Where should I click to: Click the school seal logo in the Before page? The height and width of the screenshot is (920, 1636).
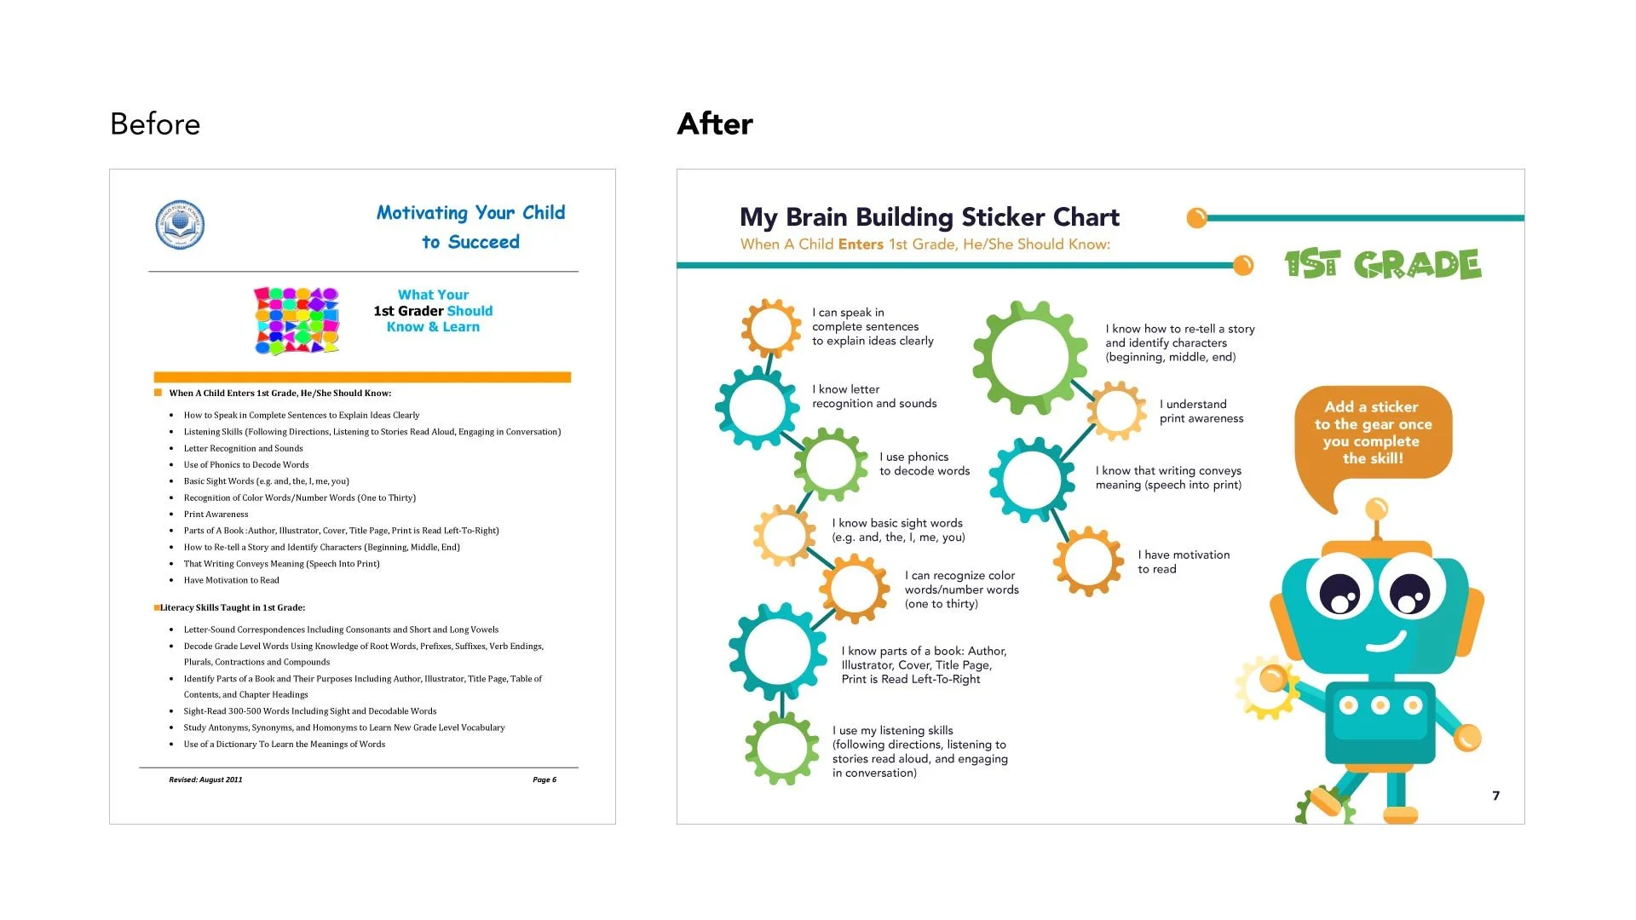point(180,226)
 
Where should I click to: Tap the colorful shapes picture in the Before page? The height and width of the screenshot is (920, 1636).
point(297,321)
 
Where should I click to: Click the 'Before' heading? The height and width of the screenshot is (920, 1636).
point(155,124)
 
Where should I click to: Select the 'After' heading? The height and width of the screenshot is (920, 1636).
point(715,124)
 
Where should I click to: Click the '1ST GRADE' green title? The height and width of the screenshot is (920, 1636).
point(1382,265)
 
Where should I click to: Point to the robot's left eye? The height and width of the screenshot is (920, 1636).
point(1339,592)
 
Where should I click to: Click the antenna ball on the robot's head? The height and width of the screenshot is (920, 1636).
point(1376,509)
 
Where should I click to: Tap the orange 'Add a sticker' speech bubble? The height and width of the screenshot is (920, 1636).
point(1372,433)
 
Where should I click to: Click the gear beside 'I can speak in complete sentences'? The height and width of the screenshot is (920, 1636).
point(771,328)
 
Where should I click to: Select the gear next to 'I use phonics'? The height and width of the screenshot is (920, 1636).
point(830,464)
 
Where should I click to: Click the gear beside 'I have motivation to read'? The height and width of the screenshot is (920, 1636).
point(1088,561)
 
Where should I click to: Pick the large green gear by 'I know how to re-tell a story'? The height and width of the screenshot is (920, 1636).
point(1029,356)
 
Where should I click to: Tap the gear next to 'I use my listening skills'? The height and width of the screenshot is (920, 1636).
point(781,748)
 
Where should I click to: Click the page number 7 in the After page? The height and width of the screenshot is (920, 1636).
point(1495,796)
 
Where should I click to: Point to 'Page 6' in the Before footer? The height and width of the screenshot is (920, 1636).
point(544,779)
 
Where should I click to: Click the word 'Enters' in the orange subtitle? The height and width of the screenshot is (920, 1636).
point(861,244)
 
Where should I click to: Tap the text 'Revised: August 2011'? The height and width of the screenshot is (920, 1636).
point(205,779)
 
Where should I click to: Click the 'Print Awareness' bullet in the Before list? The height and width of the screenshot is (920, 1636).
point(216,515)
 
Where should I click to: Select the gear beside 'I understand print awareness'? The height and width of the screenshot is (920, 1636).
point(1116,411)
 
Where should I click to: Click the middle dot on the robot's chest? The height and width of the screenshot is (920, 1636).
point(1380,705)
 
